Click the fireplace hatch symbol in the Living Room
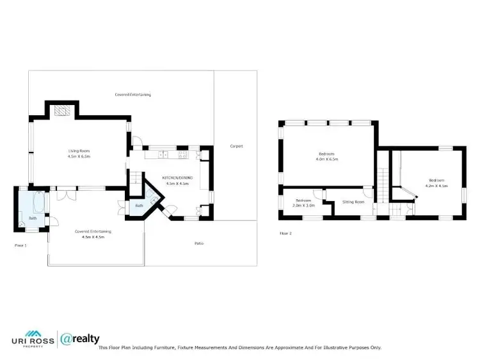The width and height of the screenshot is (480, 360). coord(61,111)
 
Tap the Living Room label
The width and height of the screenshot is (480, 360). coord(79,151)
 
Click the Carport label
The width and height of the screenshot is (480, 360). coord(236,146)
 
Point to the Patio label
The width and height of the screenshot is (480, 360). coord(199,243)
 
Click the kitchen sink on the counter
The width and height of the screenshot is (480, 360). coord(164,154)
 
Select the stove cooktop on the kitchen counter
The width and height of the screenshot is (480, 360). coord(182,154)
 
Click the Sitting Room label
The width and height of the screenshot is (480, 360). coord(353,202)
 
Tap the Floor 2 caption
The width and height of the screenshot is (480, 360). coord(285,233)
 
